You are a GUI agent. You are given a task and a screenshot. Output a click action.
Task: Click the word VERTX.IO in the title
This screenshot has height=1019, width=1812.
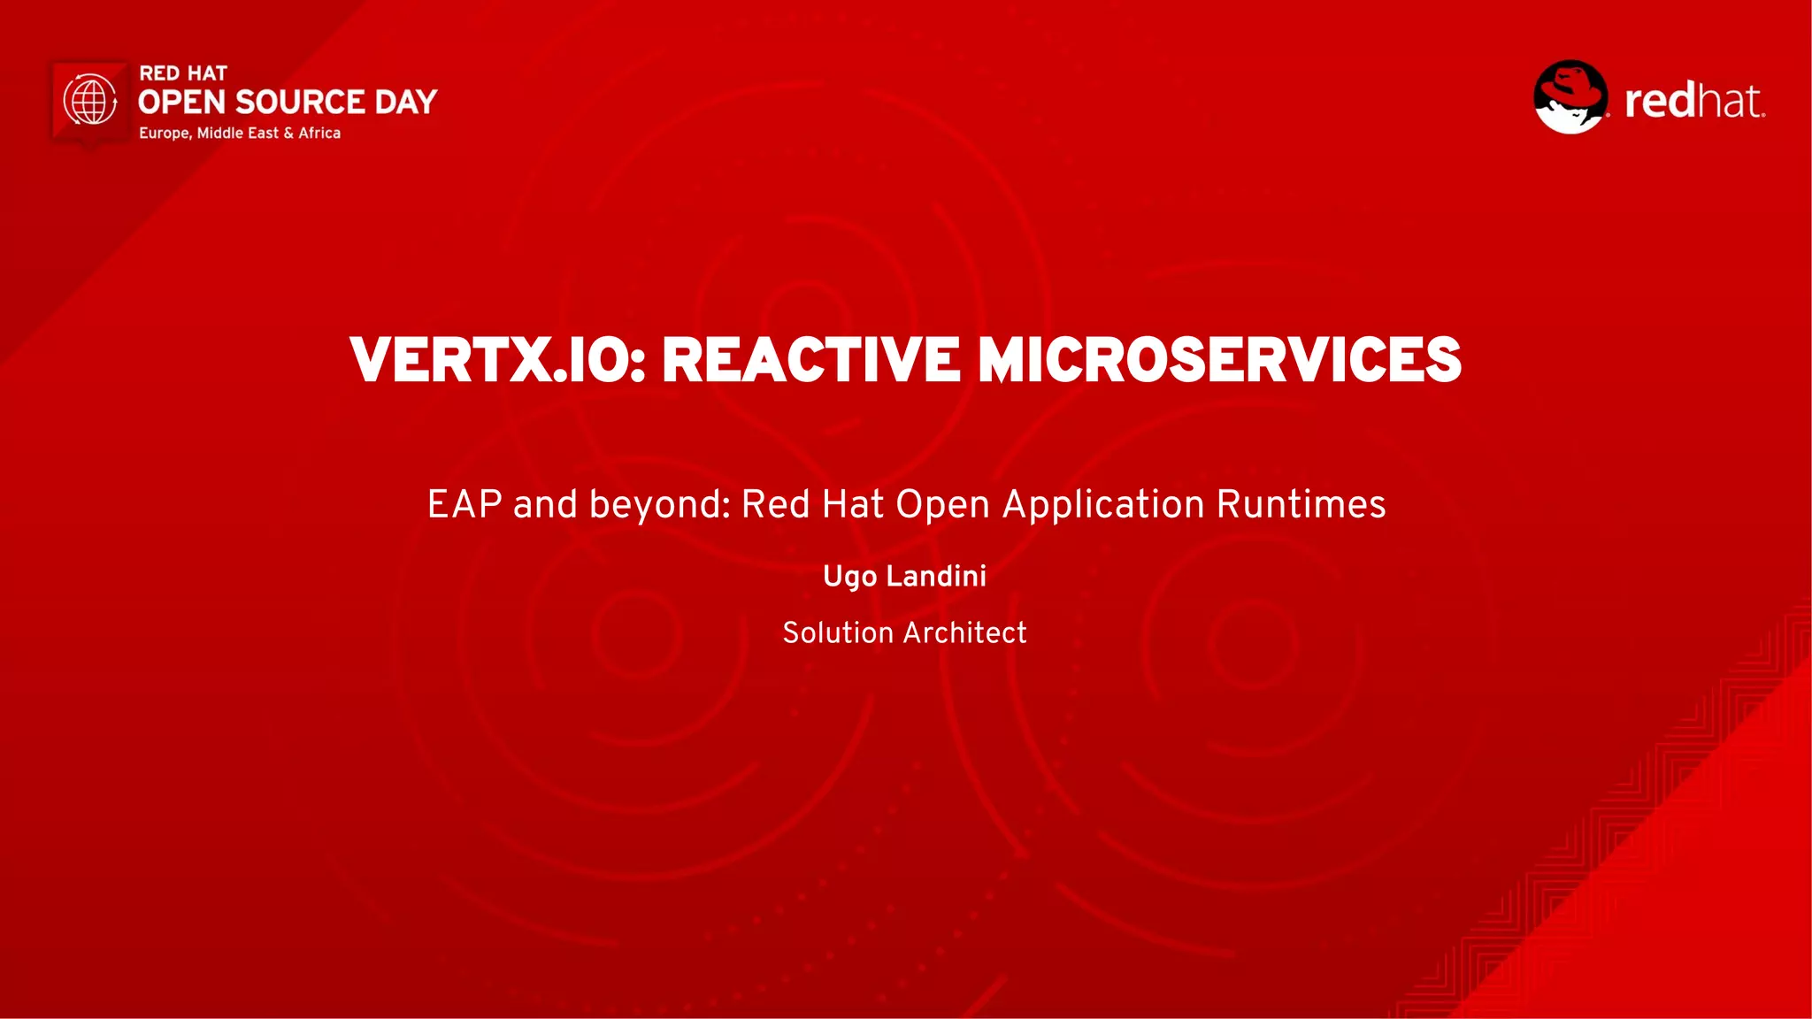pos(498,360)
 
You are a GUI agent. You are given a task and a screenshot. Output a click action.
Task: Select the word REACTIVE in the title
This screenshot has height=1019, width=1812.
pos(810,360)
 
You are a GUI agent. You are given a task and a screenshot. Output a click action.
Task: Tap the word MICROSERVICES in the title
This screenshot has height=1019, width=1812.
pos(1219,360)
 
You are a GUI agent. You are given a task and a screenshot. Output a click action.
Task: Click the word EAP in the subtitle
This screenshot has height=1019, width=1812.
pos(465,504)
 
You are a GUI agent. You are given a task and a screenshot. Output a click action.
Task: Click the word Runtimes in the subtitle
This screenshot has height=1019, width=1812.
pos(1301,504)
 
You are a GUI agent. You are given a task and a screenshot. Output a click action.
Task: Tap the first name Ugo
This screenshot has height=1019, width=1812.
pos(849,577)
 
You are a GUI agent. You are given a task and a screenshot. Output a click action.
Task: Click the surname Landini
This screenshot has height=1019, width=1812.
pos(936,576)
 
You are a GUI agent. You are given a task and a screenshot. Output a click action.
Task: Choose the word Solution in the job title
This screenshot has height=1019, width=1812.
pos(838,632)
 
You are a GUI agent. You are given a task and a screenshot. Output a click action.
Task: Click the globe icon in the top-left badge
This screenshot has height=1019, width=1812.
pos(90,100)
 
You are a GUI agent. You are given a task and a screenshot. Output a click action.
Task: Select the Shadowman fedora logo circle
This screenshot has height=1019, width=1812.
pos(1570,97)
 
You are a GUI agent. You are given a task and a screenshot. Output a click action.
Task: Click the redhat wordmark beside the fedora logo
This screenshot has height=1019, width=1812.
pos(1694,101)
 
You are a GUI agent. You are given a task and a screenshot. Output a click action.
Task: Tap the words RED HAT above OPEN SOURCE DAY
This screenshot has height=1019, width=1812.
pos(183,73)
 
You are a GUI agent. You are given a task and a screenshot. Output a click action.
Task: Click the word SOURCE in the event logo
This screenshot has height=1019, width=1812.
pos(300,103)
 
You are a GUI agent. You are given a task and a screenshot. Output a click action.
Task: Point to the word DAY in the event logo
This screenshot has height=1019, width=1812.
pos(406,103)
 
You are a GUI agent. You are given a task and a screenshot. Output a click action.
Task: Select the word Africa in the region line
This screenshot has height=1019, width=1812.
pos(319,133)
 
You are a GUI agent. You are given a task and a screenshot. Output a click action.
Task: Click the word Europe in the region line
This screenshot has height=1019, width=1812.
pos(164,133)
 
